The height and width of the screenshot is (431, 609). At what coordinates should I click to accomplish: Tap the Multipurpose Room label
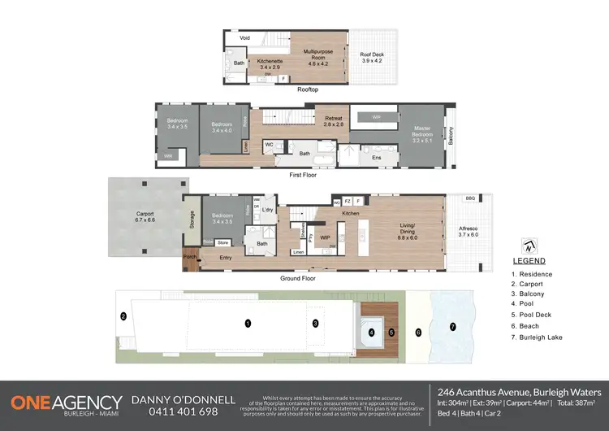(315, 54)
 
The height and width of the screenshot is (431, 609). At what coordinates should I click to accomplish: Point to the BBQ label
(470, 198)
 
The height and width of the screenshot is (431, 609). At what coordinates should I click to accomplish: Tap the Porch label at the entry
(190, 257)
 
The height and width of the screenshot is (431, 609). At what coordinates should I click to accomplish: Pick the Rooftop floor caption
(307, 89)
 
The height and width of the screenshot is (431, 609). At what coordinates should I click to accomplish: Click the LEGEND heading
(529, 262)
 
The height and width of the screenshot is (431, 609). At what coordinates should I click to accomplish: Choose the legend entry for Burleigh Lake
(540, 337)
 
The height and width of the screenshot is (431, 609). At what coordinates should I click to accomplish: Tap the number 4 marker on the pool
(371, 332)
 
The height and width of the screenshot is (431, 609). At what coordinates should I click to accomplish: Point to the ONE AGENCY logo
(66, 404)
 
